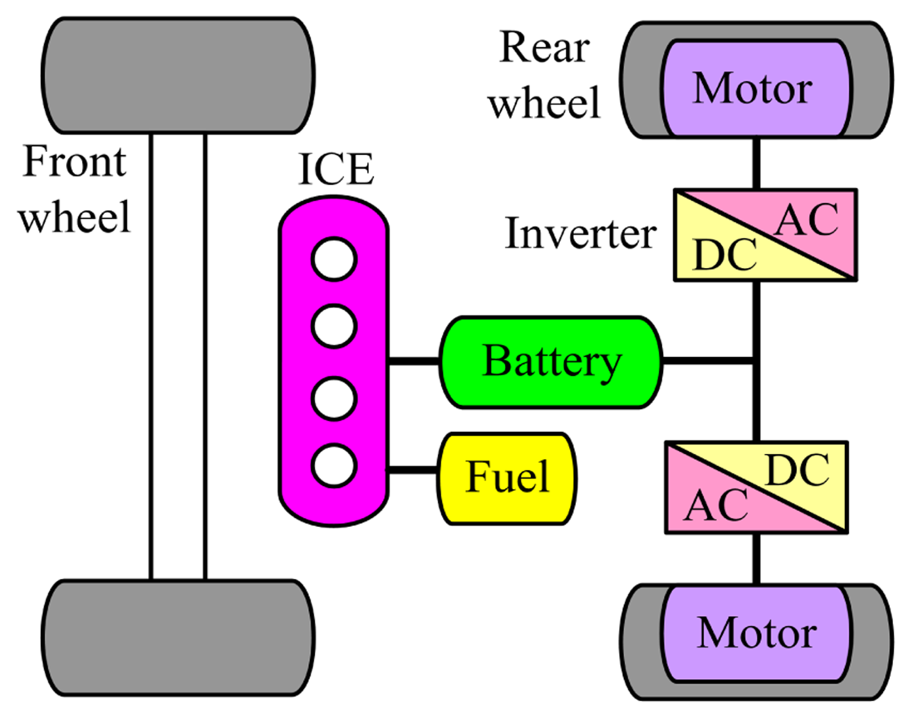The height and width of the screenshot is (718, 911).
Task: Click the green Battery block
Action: (551, 362)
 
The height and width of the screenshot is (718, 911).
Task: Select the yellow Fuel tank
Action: (507, 478)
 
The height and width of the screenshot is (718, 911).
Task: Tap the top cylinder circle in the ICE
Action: (334, 260)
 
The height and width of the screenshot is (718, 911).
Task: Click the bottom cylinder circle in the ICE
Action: (334, 465)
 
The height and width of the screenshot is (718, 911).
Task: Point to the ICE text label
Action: (336, 169)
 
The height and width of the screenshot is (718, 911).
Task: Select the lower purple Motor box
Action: (756, 633)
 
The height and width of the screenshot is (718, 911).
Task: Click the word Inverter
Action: (580, 233)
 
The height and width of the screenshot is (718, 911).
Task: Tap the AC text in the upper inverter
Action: (807, 221)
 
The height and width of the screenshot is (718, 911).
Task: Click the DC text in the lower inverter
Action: (798, 471)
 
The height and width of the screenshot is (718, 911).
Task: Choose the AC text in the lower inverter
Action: (716, 506)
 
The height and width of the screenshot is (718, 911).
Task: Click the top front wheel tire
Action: (178, 76)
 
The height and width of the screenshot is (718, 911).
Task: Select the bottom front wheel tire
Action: (178, 638)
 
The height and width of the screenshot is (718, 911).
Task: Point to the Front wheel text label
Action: (74, 189)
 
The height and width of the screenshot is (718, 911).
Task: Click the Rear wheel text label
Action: (545, 75)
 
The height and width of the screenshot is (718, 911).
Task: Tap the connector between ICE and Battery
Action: (414, 362)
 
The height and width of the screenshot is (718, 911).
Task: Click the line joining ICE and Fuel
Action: (413, 471)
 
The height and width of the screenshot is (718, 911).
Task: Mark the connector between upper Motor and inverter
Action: (756, 163)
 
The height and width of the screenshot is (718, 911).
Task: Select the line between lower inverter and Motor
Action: (756, 558)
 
